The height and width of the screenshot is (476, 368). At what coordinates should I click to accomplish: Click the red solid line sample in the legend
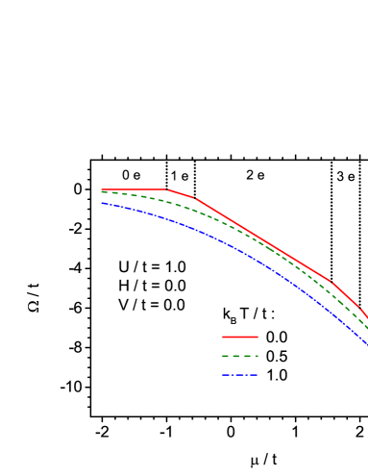[x=240, y=337]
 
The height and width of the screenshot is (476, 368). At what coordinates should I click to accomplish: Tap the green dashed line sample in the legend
[x=240, y=356]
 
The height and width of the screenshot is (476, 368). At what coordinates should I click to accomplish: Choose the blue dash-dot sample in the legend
[x=240, y=375]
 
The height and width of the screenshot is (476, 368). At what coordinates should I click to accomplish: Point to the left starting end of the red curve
[x=102, y=189]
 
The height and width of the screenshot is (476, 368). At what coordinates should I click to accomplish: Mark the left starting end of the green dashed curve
[x=102, y=192]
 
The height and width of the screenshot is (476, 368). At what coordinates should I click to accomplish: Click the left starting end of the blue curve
[x=102, y=203]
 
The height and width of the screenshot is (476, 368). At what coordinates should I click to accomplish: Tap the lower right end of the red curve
[x=367, y=317]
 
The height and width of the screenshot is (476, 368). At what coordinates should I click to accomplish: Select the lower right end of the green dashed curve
[x=367, y=329]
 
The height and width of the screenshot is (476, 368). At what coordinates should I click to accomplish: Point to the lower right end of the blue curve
[x=367, y=343]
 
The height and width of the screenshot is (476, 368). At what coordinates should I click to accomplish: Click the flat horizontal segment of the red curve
[x=135, y=189]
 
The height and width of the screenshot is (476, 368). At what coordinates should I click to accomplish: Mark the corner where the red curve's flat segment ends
[x=167, y=189]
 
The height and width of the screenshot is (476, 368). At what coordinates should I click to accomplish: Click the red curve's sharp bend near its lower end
[x=331, y=282]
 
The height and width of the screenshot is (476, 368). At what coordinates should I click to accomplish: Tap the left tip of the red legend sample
[x=223, y=337]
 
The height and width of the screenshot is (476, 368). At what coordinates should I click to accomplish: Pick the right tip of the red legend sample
[x=258, y=337]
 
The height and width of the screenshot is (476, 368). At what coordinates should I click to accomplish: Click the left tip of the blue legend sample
[x=223, y=375]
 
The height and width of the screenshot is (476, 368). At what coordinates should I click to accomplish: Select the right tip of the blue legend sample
[x=258, y=375]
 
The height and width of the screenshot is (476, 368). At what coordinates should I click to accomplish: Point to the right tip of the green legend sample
[x=258, y=356]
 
